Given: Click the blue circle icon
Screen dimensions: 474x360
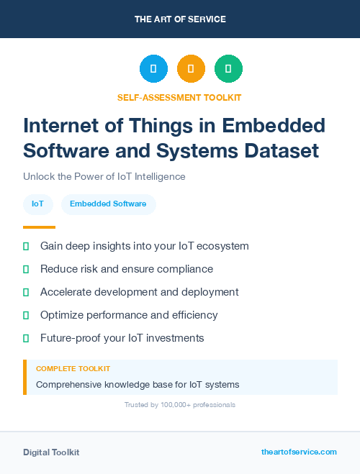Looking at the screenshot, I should (153, 69).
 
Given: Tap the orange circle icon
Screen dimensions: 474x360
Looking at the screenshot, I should (191, 69).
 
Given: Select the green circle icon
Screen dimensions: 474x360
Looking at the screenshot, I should (228, 69).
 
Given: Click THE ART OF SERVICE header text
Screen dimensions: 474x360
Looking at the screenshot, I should (180, 19).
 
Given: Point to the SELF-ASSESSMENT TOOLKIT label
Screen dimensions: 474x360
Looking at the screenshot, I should (179, 97).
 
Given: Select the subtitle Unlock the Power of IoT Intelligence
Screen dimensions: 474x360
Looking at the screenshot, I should (104, 176).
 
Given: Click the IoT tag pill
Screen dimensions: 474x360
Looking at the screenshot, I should (37, 204).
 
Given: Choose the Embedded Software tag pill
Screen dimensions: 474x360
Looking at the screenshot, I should (108, 204).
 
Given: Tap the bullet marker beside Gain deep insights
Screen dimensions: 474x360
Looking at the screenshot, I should (26, 246).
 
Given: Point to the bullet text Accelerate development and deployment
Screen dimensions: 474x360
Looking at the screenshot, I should (139, 292).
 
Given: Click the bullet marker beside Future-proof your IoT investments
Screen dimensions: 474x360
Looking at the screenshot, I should (26, 338).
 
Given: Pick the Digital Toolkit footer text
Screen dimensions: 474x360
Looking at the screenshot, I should (51, 452).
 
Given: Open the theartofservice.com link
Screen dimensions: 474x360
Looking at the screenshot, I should (299, 452).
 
